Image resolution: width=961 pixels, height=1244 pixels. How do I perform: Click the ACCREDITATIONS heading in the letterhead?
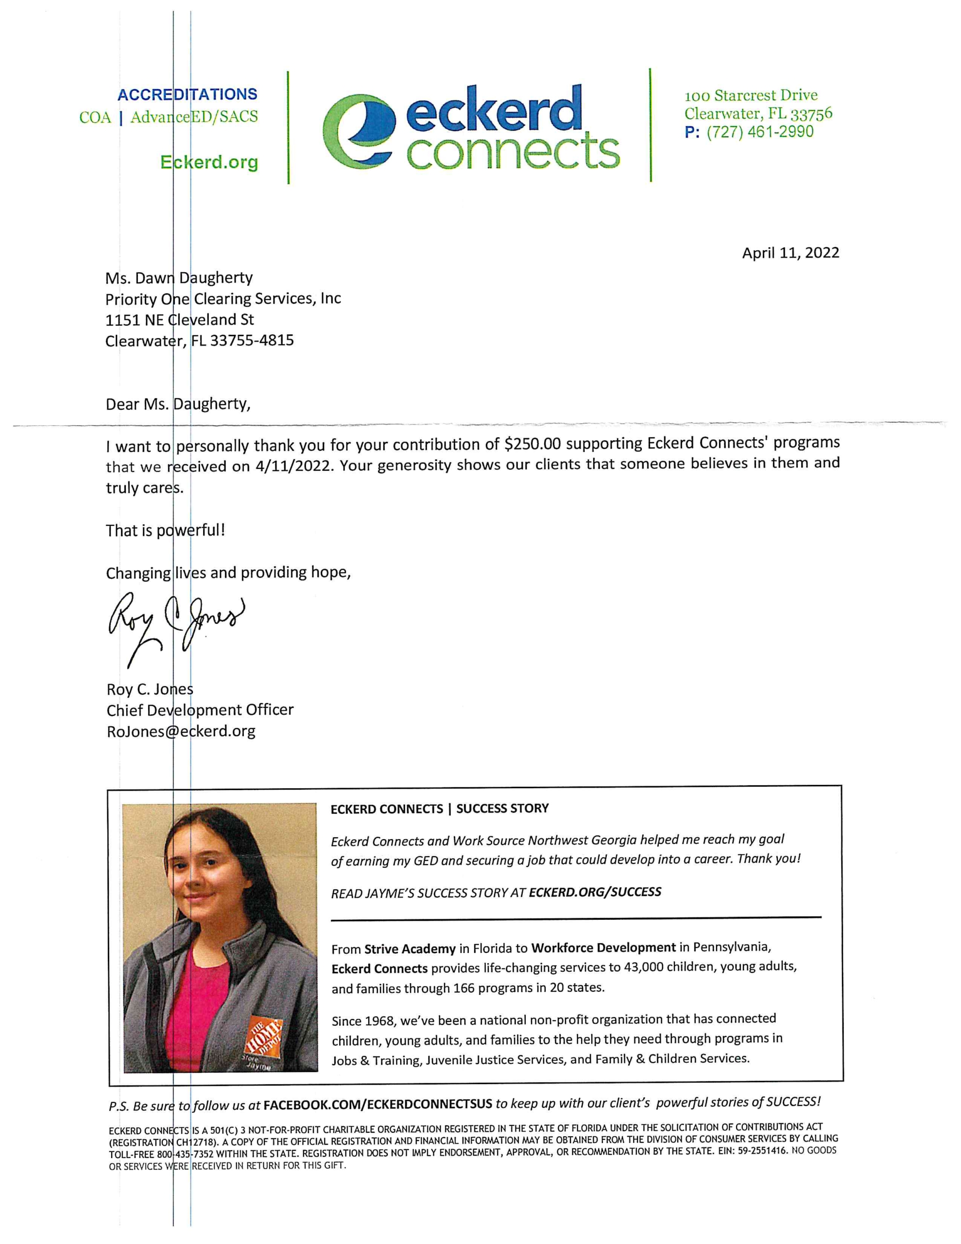coord(187,95)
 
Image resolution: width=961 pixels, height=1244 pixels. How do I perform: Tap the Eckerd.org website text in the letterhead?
coord(209,162)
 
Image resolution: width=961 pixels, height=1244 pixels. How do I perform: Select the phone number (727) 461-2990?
coord(760,132)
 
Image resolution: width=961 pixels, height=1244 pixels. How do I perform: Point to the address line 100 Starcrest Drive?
coord(751,96)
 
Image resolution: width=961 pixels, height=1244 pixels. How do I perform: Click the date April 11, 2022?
coord(790,253)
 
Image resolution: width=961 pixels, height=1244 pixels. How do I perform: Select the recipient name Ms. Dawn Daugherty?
coord(179,278)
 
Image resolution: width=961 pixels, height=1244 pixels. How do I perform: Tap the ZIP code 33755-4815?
coord(252,341)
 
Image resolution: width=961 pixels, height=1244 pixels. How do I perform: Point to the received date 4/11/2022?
coord(293,466)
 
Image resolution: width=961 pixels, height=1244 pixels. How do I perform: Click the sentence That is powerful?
coord(165,530)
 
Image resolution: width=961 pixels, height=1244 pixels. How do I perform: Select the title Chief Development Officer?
coord(200,710)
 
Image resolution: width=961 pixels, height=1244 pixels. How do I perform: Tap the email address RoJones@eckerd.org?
coord(181,731)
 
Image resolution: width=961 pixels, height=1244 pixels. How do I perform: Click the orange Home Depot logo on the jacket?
coord(264,1035)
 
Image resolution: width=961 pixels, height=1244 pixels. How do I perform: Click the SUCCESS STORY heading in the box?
coord(502,808)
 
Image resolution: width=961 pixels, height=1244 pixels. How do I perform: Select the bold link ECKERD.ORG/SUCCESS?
coord(595,892)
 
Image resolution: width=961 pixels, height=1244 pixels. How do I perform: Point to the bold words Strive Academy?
coord(410,949)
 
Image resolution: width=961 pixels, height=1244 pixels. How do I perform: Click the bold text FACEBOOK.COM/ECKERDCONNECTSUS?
coord(377,1104)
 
